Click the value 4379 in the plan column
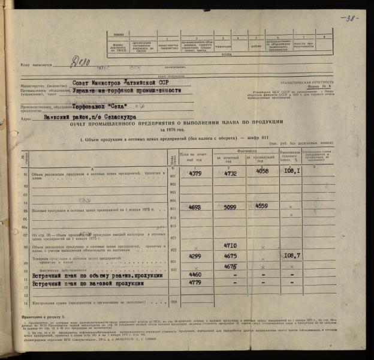(x=195, y=174)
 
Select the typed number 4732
(x=230, y=174)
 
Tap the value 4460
(x=191, y=275)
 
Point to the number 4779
(x=191, y=283)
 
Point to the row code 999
(x=174, y=302)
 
